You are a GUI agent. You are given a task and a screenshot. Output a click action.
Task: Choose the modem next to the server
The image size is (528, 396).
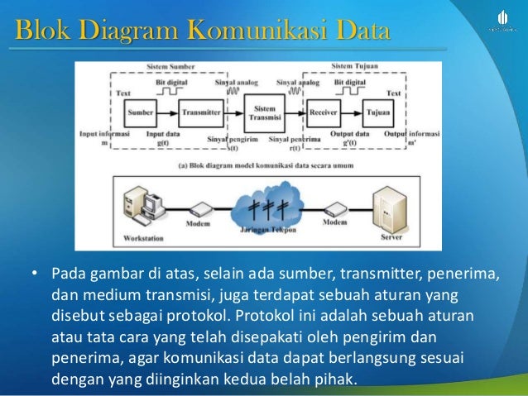pos(334,210)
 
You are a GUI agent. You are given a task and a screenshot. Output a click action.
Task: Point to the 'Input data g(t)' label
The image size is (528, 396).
pos(165,137)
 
